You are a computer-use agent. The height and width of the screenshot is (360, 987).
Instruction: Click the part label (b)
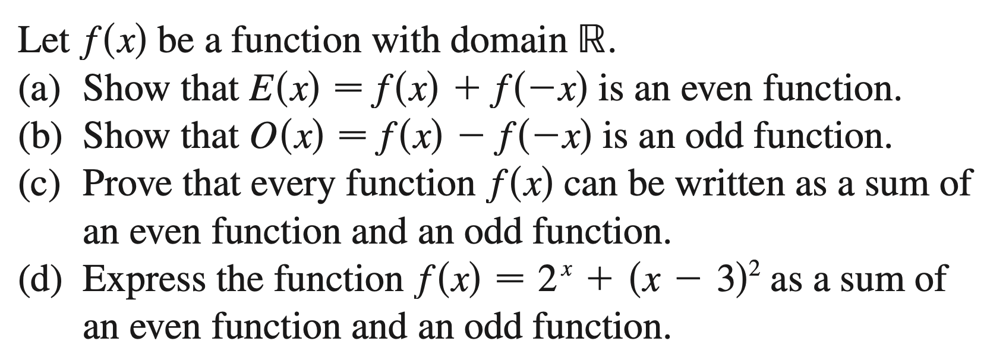(42, 137)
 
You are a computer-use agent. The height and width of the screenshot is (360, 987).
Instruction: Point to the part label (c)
(41, 184)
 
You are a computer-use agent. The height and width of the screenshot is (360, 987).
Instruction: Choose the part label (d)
(42, 279)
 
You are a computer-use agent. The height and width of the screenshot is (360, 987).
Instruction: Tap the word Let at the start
(43, 41)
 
